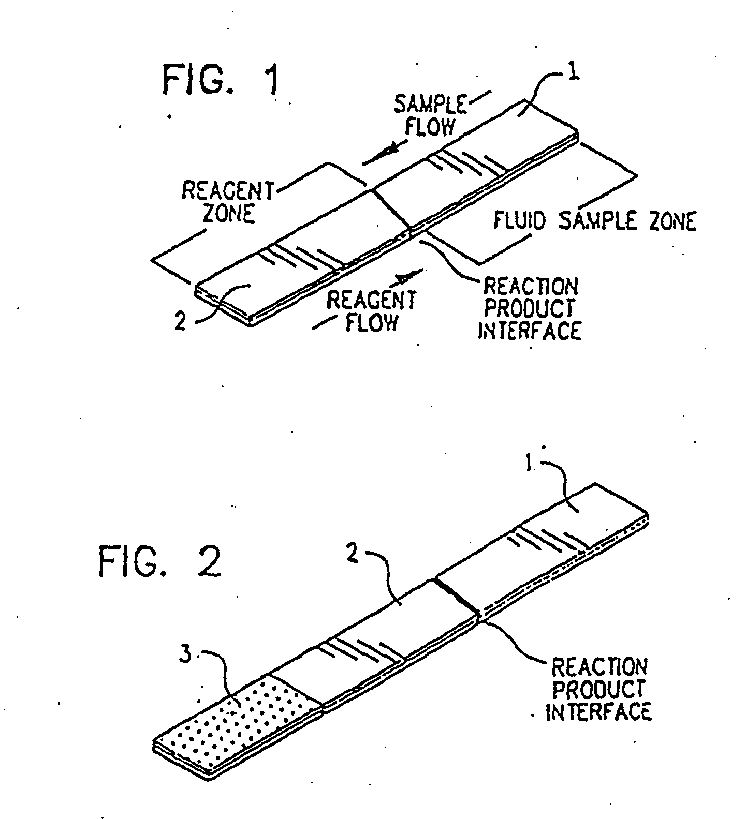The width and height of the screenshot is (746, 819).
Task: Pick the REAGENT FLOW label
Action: (372, 310)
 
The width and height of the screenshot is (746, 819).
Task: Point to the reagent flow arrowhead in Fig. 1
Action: (405, 279)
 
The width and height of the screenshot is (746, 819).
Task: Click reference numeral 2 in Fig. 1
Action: (180, 323)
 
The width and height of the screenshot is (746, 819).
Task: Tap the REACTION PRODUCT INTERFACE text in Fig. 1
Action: (530, 309)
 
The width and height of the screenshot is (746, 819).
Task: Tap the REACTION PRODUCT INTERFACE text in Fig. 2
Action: (598, 690)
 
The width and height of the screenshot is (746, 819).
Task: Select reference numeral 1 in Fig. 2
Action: (529, 464)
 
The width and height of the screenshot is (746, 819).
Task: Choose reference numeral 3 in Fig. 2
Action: (185, 656)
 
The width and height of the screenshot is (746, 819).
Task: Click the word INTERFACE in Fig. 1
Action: (529, 331)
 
